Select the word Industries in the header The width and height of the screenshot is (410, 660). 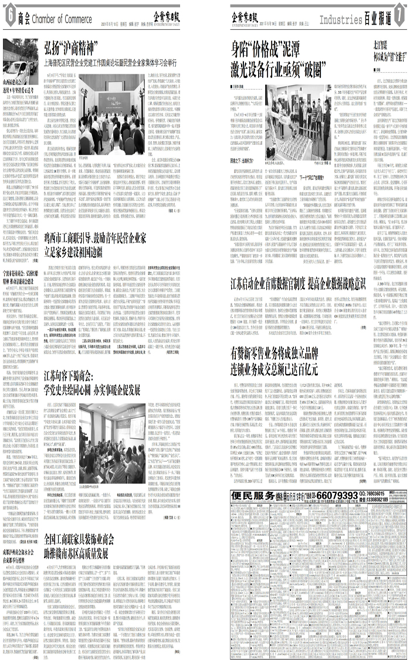(341, 20)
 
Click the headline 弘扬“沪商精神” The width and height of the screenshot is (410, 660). (70, 47)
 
